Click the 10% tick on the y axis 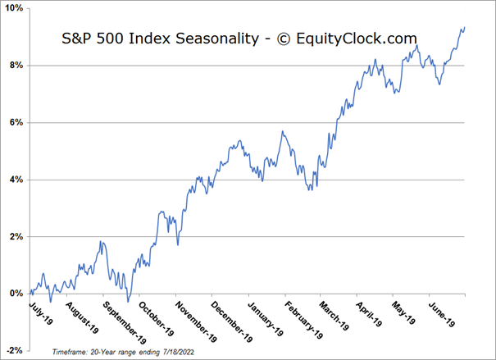(14, 8)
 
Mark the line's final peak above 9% (463, 28)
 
